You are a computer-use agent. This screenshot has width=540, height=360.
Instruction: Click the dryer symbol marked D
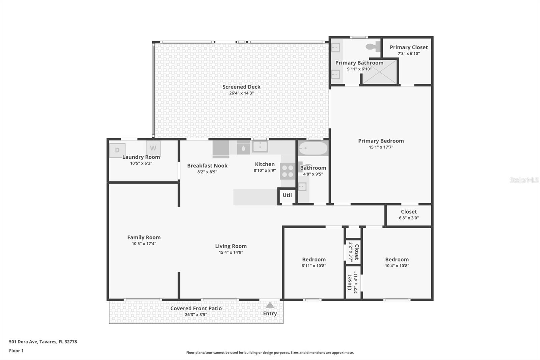point(117,150)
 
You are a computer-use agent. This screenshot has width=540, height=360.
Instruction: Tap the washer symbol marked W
point(153,148)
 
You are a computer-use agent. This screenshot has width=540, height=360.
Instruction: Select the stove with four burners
point(288,171)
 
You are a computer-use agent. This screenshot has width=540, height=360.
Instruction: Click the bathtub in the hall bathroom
point(313,148)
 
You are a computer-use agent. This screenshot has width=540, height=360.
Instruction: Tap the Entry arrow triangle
point(270,305)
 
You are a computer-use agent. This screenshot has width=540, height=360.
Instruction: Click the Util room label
point(287,195)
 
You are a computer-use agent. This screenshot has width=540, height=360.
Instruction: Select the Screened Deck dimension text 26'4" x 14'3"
point(241,93)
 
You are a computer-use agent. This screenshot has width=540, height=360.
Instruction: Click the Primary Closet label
point(409,47)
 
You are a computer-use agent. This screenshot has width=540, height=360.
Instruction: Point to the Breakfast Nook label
point(207,165)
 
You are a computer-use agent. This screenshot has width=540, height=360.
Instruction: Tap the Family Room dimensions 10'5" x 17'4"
point(144,243)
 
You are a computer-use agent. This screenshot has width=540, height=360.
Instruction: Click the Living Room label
point(231,246)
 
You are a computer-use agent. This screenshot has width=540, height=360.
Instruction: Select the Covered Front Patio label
point(196,308)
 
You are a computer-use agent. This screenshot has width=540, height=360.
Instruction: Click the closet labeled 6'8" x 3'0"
point(409,215)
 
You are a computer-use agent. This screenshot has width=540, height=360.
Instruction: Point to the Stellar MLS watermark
point(524,180)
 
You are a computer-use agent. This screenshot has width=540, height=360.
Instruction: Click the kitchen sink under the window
point(260,147)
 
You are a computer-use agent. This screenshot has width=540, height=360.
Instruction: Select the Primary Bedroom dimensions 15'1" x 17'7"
point(381,147)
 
